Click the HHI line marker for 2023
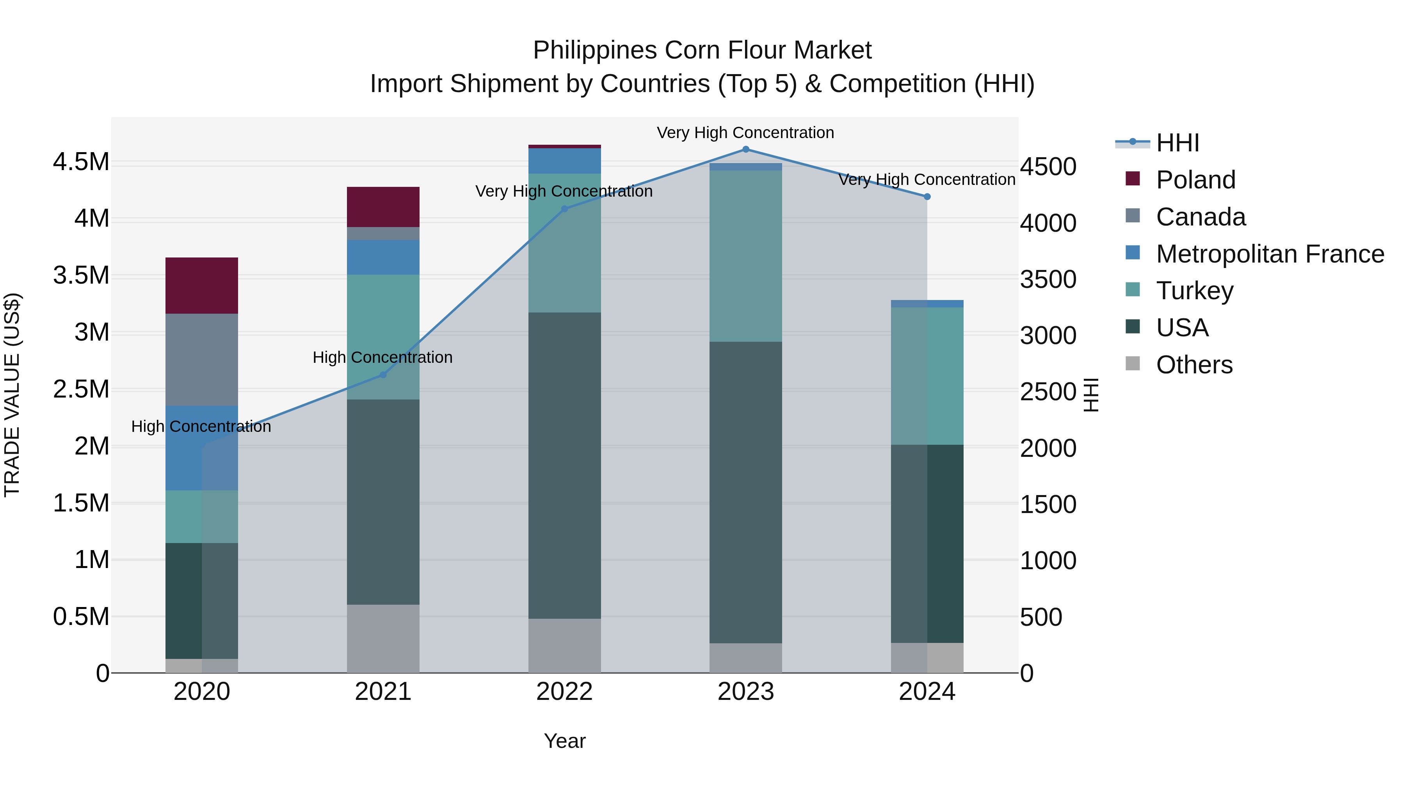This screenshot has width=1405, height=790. tap(745, 149)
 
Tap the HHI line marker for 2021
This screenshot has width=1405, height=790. tap(383, 375)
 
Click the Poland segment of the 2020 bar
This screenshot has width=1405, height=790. tap(202, 285)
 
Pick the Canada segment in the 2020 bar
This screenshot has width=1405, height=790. tap(202, 359)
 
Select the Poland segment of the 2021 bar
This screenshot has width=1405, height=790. tap(383, 207)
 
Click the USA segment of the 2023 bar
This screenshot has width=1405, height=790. tap(745, 492)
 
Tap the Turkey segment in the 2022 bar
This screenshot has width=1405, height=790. tap(564, 243)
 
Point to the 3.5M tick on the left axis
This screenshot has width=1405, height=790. tap(81, 275)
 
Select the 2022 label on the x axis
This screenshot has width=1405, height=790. tap(564, 692)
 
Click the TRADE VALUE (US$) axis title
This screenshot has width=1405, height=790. tap(12, 395)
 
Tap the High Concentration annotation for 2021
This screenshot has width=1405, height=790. tap(383, 358)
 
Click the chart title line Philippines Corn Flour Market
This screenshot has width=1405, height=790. tap(702, 50)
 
